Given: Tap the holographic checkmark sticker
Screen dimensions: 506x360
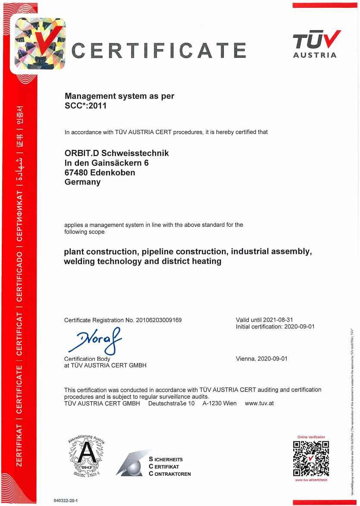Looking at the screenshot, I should click(38, 44).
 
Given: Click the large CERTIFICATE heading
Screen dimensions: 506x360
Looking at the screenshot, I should click(159, 50).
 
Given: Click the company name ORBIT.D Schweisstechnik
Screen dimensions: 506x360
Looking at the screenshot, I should click(116, 153).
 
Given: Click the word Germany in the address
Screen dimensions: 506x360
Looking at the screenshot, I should click(82, 182).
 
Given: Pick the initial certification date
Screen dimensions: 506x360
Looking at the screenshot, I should click(300, 327).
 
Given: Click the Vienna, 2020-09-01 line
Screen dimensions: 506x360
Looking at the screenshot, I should click(262, 359).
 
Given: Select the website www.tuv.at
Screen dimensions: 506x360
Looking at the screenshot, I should click(259, 403).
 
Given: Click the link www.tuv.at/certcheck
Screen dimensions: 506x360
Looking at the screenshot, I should click(311, 480).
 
